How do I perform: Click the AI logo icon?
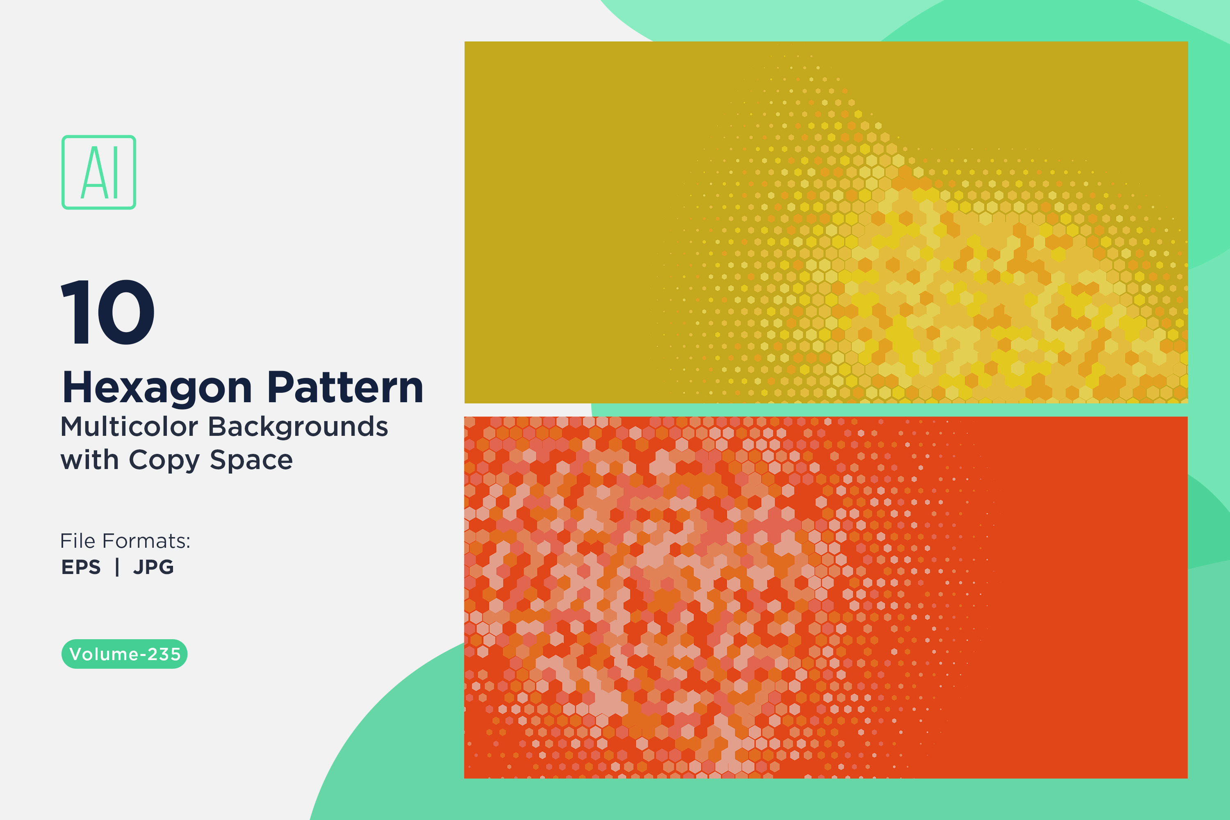click(99, 172)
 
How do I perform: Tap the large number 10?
click(108, 312)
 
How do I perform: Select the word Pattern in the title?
click(345, 387)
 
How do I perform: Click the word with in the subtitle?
click(89, 460)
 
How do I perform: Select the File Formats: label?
click(125, 541)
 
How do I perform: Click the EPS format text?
click(81, 567)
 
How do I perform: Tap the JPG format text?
click(153, 567)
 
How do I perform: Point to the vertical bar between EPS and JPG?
click(117, 567)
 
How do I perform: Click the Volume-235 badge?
click(125, 654)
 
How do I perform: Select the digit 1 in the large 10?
click(75, 312)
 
